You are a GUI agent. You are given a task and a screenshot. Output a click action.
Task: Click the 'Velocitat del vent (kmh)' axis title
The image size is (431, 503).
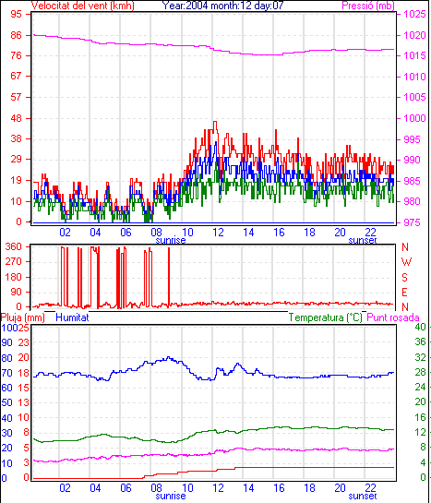pyautogui.click(x=83, y=6)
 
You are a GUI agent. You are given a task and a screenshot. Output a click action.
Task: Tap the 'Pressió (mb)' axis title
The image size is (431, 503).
pyautogui.click(x=368, y=6)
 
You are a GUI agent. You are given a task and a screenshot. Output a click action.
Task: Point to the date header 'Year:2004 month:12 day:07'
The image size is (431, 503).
pyautogui.click(x=222, y=6)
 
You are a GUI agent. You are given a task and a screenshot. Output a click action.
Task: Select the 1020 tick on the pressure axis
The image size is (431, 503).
pyautogui.click(x=414, y=35)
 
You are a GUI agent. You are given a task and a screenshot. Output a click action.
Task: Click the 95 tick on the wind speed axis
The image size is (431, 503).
pyautogui.click(x=16, y=15)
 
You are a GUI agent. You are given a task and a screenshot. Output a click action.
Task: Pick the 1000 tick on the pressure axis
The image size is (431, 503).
pyautogui.click(x=414, y=118)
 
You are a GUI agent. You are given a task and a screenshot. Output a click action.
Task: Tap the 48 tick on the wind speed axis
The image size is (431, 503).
pyautogui.click(x=16, y=118)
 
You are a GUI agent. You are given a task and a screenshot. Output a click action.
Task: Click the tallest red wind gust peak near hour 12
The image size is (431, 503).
pyautogui.click(x=215, y=122)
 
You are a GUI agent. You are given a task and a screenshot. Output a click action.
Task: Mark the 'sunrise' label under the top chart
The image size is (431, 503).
pyautogui.click(x=171, y=240)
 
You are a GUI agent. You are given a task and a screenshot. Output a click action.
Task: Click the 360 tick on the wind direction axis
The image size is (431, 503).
pyautogui.click(x=14, y=246)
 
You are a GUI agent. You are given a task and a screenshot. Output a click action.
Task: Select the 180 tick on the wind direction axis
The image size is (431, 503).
pyautogui.click(x=14, y=277)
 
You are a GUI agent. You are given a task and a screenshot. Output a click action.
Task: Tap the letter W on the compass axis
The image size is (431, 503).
pyautogui.click(x=406, y=262)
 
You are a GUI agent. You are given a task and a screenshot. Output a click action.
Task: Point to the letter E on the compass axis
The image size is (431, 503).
pyautogui.click(x=404, y=293)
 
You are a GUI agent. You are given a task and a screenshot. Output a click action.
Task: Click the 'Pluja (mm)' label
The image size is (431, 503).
pyautogui.click(x=23, y=317)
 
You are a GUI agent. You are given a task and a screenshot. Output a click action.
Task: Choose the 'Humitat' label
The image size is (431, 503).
pyautogui.click(x=72, y=317)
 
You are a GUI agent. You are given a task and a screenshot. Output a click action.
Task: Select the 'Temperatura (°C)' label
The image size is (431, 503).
pyautogui.click(x=326, y=317)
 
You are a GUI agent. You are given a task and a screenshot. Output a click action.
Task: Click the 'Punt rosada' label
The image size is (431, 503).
pyautogui.click(x=393, y=317)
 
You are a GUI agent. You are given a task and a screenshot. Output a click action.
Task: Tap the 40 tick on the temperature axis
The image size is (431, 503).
pyautogui.click(x=421, y=327)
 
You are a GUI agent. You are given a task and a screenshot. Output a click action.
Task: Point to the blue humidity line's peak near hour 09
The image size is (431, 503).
pyautogui.click(x=169, y=357)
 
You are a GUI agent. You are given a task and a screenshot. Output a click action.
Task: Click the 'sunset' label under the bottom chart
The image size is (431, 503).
pyautogui.click(x=363, y=496)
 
